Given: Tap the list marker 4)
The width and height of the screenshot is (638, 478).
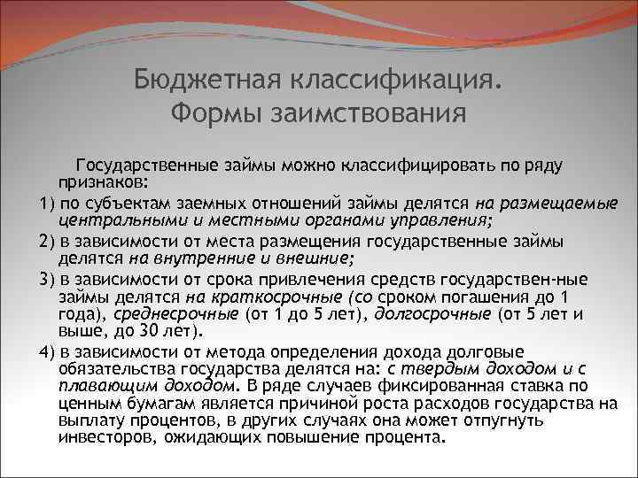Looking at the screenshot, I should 48,351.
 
